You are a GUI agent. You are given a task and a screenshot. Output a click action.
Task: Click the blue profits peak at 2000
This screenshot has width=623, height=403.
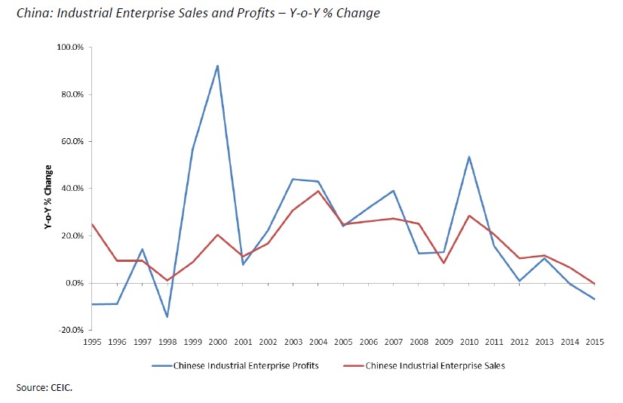click(217, 66)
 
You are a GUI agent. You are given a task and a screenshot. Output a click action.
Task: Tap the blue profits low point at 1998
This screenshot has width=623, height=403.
click(167, 317)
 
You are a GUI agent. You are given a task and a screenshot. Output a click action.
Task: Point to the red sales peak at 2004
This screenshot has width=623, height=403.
click(318, 191)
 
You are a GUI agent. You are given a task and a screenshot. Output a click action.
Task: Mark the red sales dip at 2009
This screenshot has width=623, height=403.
click(444, 263)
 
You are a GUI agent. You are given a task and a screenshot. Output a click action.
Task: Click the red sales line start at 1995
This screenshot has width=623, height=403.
click(92, 224)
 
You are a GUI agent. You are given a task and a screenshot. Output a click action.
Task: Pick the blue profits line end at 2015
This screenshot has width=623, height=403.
click(595, 300)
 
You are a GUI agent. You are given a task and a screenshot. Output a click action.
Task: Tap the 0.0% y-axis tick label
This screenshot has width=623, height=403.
click(74, 283)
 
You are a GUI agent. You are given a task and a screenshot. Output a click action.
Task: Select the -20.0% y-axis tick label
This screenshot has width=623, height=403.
click(72, 330)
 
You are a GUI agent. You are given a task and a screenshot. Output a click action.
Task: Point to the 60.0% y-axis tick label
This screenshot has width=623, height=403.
click(73, 141)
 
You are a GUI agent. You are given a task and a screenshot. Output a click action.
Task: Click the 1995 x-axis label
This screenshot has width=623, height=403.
click(92, 340)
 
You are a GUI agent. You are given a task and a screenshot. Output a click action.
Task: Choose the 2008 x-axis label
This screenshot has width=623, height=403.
click(419, 340)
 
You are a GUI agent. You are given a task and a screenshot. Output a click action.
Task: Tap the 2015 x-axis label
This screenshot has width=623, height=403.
click(595, 340)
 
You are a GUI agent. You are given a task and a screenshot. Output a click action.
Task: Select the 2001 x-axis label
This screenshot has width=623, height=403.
click(243, 340)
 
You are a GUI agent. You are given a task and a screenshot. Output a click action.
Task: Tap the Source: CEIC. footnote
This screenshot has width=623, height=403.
click(42, 388)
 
